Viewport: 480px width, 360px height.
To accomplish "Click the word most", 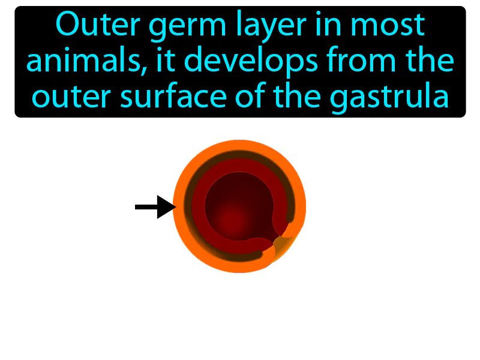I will pyautogui.click(x=389, y=26).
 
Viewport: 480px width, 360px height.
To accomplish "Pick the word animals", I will pyautogui.click(x=82, y=61).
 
